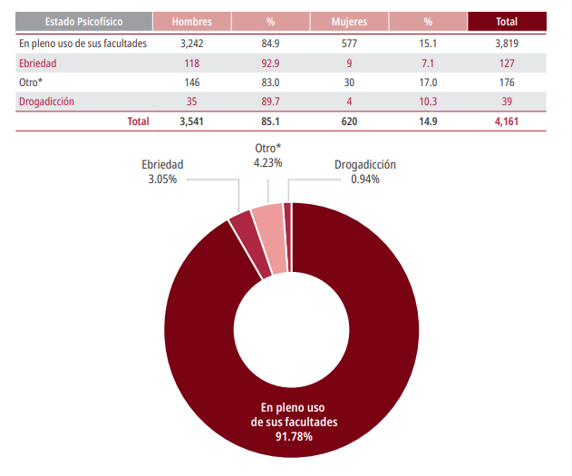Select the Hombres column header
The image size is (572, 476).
(190, 22)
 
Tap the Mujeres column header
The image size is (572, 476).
(348, 22)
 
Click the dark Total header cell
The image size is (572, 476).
(507, 22)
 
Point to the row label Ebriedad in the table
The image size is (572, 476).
(37, 63)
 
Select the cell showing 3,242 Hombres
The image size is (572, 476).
(190, 43)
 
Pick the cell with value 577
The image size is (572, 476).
(348, 43)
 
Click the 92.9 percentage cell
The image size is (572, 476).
(269, 63)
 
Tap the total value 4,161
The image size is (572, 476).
(507, 121)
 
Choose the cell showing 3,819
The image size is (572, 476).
(507, 43)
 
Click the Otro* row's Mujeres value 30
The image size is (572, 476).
(348, 82)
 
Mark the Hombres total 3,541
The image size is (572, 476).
(190, 121)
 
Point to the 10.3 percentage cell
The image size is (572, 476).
(427, 101)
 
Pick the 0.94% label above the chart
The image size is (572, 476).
(364, 179)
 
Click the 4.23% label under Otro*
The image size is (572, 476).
(267, 163)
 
